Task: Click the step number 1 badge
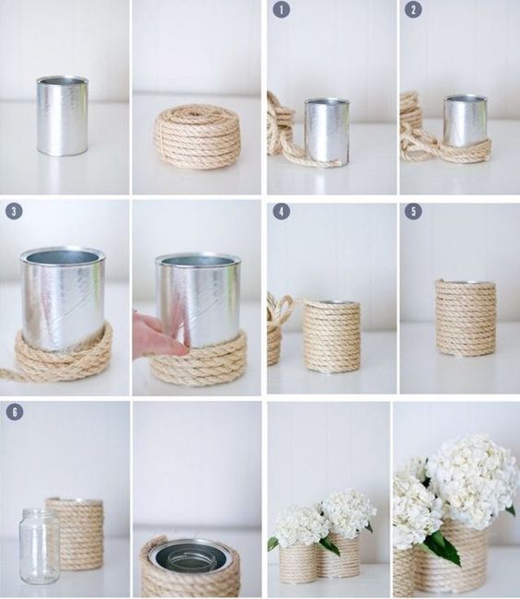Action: pyautogui.click(x=281, y=9)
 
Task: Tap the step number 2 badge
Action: pyautogui.click(x=414, y=9)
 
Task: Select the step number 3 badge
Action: pyautogui.click(x=13, y=211)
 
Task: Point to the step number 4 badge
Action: pyautogui.click(x=281, y=211)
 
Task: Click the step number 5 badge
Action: pyautogui.click(x=414, y=211)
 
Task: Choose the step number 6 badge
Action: pyautogui.click(x=13, y=412)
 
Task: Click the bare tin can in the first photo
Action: pyautogui.click(x=63, y=115)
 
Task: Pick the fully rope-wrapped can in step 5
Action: pyautogui.click(x=465, y=318)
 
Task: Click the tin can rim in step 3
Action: pyautogui.click(x=63, y=256)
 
